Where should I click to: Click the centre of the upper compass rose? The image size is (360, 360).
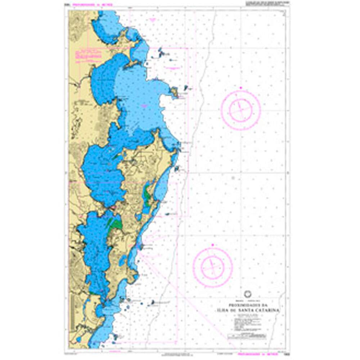240,110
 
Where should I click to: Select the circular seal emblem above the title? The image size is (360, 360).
247,293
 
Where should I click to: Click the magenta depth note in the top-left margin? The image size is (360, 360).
93,5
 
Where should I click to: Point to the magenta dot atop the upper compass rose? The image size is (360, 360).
241,87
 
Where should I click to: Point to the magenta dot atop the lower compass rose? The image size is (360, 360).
213,245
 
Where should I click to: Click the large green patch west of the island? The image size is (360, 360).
116,225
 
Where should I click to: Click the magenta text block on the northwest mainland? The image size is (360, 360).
87,55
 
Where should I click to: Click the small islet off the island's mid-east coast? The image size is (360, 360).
177,168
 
